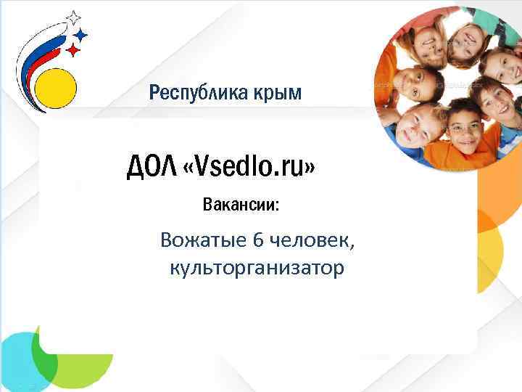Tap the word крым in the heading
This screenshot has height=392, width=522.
(278, 94)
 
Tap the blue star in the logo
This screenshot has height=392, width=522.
(81, 34)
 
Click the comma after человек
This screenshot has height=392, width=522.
(353, 245)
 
